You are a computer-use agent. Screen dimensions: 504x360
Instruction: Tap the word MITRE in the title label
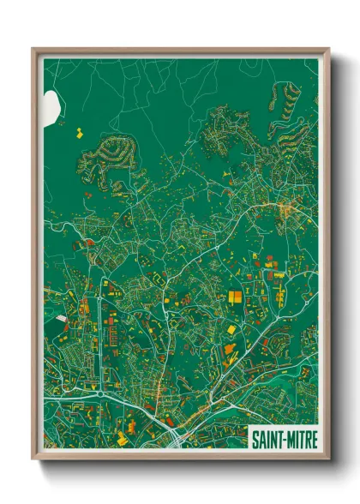tap(299, 438)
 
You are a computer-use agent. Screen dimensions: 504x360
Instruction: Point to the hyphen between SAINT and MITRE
tap(282, 439)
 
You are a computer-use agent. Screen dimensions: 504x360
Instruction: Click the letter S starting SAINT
tap(255, 438)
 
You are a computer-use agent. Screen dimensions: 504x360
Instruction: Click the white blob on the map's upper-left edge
tap(51, 105)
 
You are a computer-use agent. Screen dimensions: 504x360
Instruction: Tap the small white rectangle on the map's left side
tap(61, 319)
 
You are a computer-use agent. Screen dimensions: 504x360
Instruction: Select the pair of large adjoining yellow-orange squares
tap(234, 297)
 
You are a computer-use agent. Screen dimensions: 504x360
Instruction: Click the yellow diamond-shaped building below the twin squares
tap(230, 328)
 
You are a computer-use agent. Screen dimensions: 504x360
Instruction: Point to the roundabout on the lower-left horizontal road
tap(101, 393)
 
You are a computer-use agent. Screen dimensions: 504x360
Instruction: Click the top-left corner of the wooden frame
tap(34, 50)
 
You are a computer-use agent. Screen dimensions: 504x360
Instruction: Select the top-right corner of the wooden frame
tap(328, 50)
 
